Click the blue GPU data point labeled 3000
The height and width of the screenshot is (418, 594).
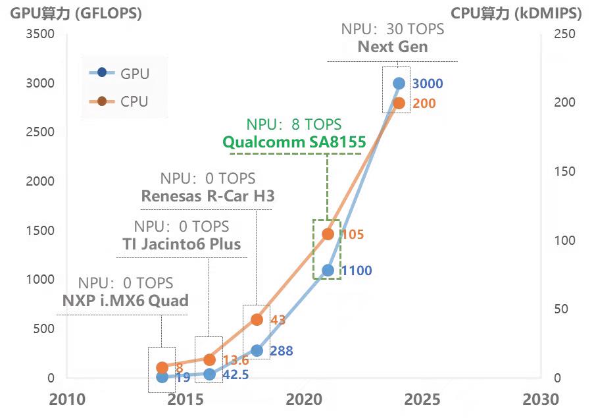coord(399,83)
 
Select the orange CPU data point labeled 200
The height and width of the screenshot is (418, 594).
coord(399,103)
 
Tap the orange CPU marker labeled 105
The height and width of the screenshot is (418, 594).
coord(328,234)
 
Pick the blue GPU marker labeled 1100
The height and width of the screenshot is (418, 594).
coord(328,270)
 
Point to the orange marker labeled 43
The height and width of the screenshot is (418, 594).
coord(257,319)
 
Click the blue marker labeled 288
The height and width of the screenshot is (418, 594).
coord(257,351)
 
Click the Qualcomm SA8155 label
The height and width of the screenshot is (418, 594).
coord(294,142)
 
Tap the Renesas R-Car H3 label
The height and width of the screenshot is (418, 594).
coord(208,196)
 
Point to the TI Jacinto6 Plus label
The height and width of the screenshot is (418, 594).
coord(182,244)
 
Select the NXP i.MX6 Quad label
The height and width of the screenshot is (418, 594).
coord(125,301)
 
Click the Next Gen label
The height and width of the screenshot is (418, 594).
coord(393,47)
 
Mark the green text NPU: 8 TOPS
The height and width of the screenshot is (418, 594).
coord(294,124)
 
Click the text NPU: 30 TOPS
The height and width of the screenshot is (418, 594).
coord(393,30)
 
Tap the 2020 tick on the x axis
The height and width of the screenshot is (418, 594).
coord(304,399)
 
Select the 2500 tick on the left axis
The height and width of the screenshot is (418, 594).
coord(40,132)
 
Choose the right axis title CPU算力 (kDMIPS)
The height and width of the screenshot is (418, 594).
coord(516,13)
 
